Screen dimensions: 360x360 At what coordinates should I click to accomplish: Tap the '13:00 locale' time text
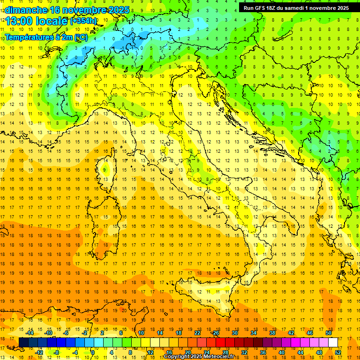(33, 22)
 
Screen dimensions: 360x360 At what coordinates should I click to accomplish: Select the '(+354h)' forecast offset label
(83, 22)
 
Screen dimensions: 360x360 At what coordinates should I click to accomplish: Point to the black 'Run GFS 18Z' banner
(296, 8)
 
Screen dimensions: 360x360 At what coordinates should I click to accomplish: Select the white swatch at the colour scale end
(333, 342)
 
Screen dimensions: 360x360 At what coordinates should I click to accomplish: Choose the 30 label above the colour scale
(235, 333)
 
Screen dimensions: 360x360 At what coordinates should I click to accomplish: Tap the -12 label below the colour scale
(39, 352)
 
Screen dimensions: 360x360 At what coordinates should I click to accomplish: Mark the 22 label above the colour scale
(197, 333)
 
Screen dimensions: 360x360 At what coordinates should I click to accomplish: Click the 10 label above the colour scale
(141, 333)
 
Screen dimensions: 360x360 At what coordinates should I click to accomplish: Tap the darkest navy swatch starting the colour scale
(23, 342)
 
